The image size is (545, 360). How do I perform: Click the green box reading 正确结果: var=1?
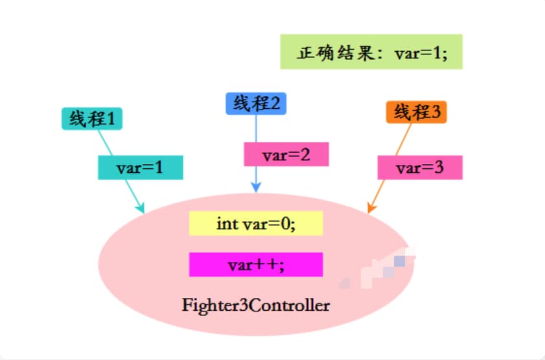(371, 52)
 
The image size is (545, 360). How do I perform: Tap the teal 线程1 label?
(92, 118)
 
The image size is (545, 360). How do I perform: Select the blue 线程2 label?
(257, 104)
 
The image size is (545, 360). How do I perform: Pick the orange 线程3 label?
(417, 113)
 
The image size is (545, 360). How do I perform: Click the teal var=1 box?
(140, 168)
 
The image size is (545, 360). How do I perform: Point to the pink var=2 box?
(286, 155)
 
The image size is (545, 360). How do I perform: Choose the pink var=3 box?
(420, 168)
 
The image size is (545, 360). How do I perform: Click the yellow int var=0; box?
(256, 224)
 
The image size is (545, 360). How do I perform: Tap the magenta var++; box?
(256, 264)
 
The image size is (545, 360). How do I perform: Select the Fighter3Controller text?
(256, 304)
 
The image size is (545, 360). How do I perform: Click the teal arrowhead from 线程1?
(140, 208)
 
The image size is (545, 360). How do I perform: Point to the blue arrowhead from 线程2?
(257, 188)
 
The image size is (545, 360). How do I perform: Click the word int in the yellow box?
(228, 224)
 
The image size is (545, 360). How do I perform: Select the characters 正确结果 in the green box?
(325, 52)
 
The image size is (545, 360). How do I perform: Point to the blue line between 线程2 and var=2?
(257, 129)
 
